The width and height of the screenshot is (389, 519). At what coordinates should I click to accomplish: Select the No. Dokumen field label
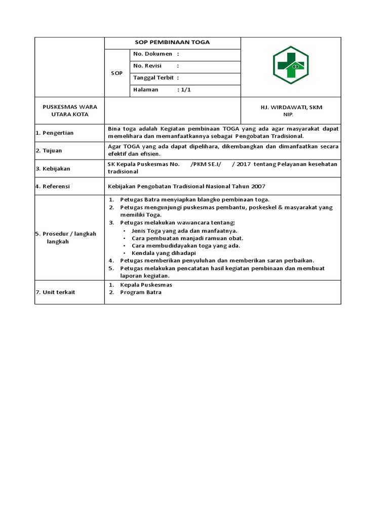[152, 54]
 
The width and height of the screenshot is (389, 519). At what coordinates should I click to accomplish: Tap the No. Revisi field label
[147, 66]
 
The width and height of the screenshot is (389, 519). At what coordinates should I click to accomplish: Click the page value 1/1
[183, 90]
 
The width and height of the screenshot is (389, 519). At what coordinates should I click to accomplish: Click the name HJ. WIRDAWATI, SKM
[291, 107]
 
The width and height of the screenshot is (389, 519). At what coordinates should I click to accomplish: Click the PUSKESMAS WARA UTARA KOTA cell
[70, 110]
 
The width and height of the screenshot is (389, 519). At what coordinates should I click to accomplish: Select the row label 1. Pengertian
[54, 133]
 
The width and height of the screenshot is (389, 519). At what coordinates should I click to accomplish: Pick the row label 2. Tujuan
[49, 151]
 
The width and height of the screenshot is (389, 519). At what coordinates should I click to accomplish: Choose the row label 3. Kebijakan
[53, 168]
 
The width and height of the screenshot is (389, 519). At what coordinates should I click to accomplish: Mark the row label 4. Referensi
[53, 187]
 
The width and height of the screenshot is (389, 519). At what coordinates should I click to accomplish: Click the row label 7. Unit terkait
[56, 292]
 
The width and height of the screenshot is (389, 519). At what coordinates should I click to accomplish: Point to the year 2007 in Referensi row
[258, 187]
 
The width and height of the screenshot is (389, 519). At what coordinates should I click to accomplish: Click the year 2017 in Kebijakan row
[244, 164]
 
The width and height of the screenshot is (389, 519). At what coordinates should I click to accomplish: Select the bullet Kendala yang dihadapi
[164, 253]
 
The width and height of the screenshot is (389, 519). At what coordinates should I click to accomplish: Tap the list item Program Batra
[141, 292]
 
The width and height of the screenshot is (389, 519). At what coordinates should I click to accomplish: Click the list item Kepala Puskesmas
[146, 285]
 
